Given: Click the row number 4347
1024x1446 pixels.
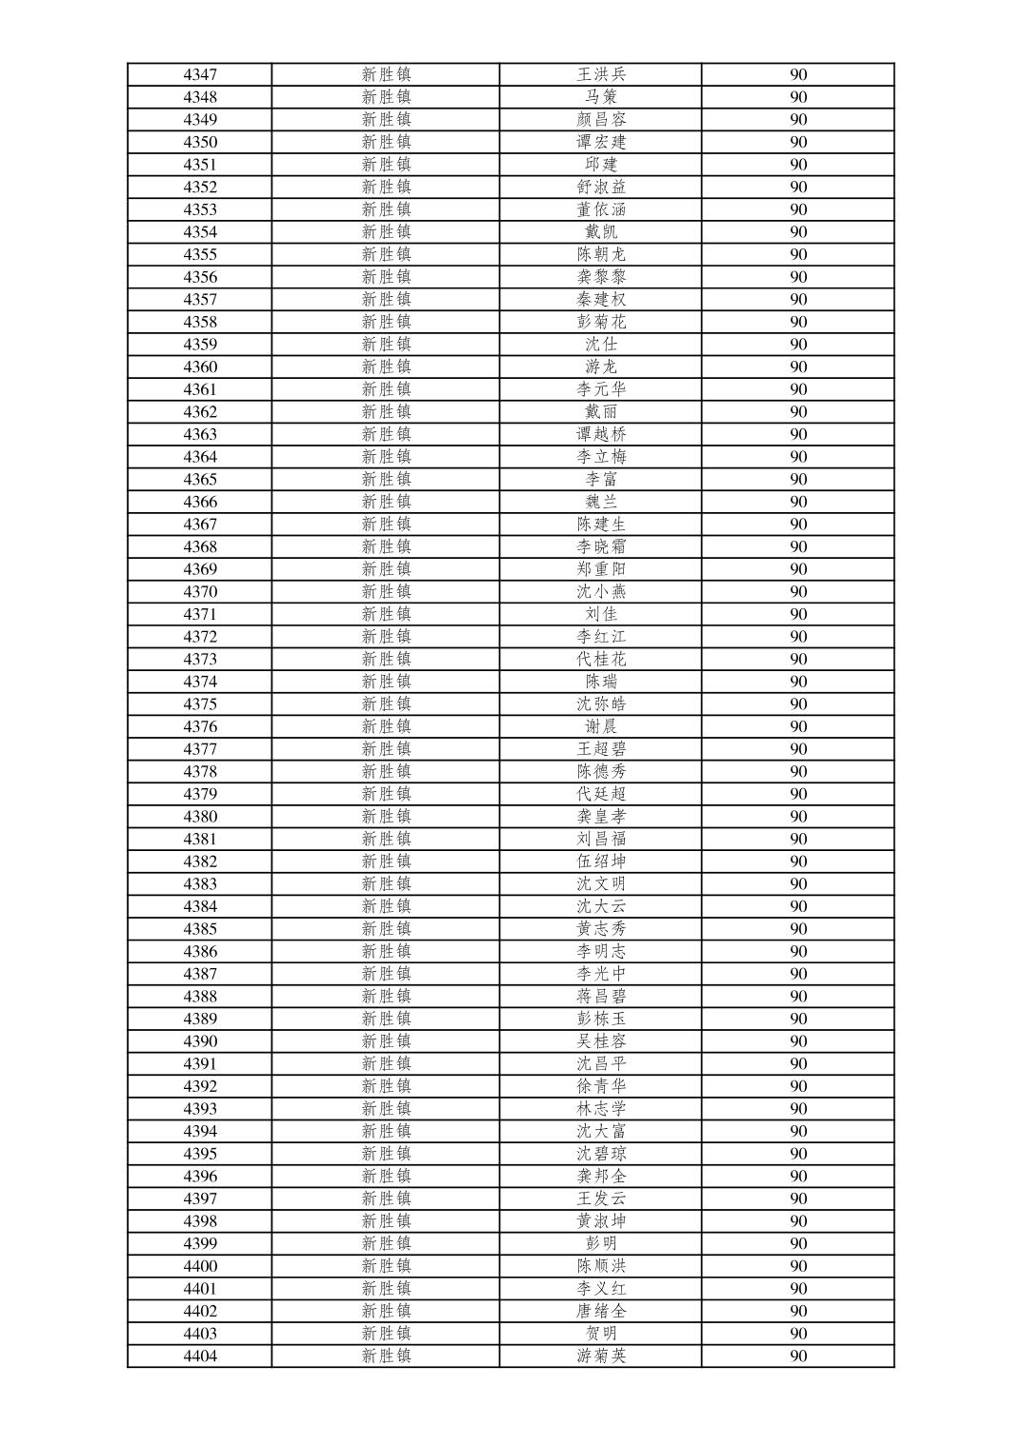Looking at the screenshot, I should pyautogui.click(x=200, y=74).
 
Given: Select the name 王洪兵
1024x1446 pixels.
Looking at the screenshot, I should pyautogui.click(x=601, y=74).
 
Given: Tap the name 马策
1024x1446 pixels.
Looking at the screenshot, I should pyautogui.click(x=601, y=97).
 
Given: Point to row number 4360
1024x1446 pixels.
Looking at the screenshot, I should pyautogui.click(x=200, y=366).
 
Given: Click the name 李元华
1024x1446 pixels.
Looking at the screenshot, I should pyautogui.click(x=601, y=389).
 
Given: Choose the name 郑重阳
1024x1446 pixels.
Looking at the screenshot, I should pyautogui.click(x=601, y=569).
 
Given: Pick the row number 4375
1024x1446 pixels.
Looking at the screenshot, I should pyautogui.click(x=200, y=704).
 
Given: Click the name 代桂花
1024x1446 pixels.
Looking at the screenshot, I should pyautogui.click(x=601, y=659).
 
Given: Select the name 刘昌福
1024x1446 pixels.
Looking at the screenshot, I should pyautogui.click(x=601, y=839).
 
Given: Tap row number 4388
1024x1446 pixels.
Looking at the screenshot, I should pyautogui.click(x=200, y=997).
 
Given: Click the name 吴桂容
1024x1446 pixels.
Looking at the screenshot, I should pyautogui.click(x=601, y=1041).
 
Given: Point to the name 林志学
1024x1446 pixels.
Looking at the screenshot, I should pyautogui.click(x=601, y=1109).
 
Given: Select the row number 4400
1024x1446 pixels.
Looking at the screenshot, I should pyautogui.click(x=200, y=1266).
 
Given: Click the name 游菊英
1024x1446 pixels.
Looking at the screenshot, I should pyautogui.click(x=601, y=1357).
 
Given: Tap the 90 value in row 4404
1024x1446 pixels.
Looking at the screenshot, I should pyautogui.click(x=798, y=1357).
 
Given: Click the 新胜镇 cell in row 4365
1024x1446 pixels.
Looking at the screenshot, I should pyautogui.click(x=386, y=479).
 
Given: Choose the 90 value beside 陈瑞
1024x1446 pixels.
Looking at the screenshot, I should pyautogui.click(x=798, y=682).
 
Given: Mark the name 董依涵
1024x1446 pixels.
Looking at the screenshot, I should pyautogui.click(x=601, y=209).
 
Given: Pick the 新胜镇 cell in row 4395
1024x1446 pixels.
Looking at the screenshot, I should pyautogui.click(x=386, y=1154).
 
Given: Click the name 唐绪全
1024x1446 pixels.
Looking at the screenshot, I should pyautogui.click(x=601, y=1311).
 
